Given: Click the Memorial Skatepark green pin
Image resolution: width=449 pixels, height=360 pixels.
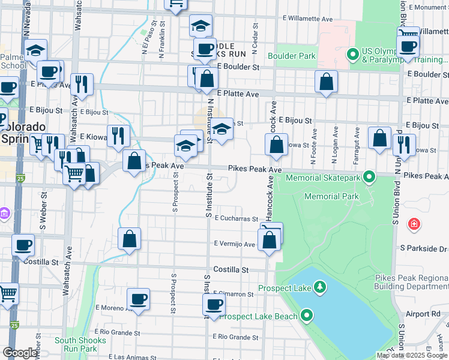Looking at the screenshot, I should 370,177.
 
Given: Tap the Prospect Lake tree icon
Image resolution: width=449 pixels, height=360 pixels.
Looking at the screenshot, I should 321,287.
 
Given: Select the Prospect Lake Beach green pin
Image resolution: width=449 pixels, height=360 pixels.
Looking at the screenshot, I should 307,315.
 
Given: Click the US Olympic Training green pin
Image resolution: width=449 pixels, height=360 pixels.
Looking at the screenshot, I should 352,56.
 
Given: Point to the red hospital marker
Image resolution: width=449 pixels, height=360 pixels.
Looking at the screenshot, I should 414,225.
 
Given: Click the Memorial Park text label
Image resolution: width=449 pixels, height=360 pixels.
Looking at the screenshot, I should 331,196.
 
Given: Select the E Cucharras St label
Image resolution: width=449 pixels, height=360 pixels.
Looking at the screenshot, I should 236,219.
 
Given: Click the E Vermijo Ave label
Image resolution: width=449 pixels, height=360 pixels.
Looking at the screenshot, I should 235,244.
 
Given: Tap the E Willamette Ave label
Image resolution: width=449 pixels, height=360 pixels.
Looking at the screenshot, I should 310,19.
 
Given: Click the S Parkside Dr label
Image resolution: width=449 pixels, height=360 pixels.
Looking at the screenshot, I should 424,248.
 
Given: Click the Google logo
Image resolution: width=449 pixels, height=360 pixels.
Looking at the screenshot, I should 19,353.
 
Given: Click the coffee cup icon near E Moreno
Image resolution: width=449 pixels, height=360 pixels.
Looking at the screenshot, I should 138,298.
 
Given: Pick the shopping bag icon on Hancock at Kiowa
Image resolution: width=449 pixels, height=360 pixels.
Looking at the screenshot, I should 276,144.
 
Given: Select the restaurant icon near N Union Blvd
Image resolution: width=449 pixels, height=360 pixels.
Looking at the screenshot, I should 404,145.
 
